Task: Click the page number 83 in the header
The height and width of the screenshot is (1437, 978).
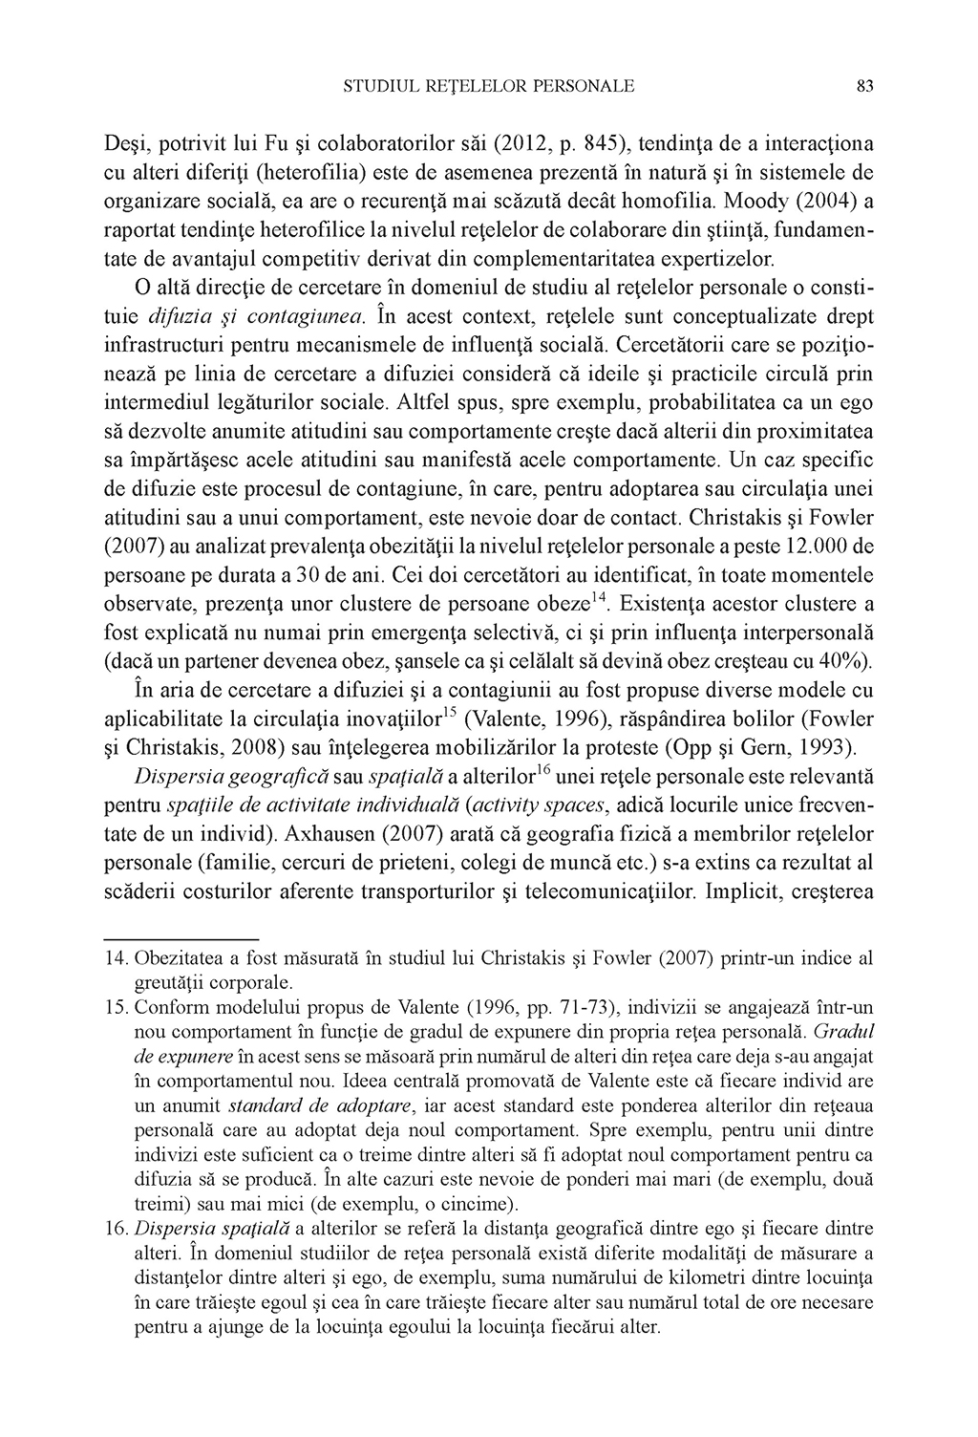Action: pyautogui.click(x=865, y=87)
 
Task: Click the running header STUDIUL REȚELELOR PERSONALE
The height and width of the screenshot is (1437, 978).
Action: pyautogui.click(x=488, y=87)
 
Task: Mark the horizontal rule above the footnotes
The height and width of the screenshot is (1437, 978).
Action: pyautogui.click(x=181, y=940)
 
